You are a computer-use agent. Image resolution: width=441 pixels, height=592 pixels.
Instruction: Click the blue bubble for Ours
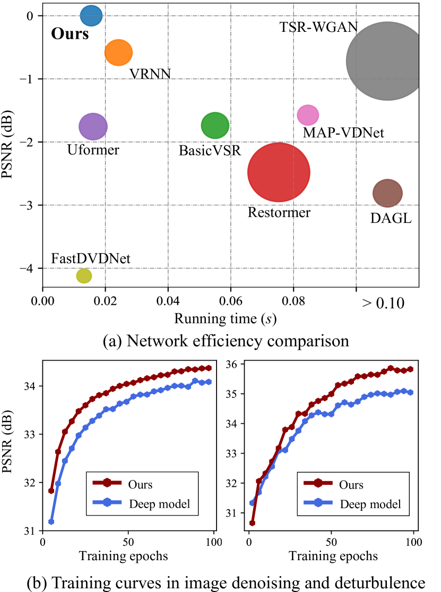(91, 16)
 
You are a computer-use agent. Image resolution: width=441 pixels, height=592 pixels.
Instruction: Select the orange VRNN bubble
(118, 53)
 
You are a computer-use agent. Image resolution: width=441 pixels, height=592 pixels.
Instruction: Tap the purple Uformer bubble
(93, 126)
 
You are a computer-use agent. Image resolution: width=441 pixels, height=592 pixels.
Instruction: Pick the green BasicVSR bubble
(215, 126)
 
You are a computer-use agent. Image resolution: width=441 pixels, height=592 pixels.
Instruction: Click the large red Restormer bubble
(279, 172)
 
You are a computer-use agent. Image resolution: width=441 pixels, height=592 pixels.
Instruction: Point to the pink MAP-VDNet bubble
(308, 115)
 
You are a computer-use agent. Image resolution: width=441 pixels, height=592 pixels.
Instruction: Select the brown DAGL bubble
(387, 194)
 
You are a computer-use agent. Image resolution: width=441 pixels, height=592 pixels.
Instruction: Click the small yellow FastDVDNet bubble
(84, 276)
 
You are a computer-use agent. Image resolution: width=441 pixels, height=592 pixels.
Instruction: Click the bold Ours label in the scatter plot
(70, 35)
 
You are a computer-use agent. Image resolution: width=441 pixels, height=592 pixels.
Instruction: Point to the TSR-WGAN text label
(319, 27)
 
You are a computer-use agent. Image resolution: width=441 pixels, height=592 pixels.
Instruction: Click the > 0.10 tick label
(383, 304)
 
